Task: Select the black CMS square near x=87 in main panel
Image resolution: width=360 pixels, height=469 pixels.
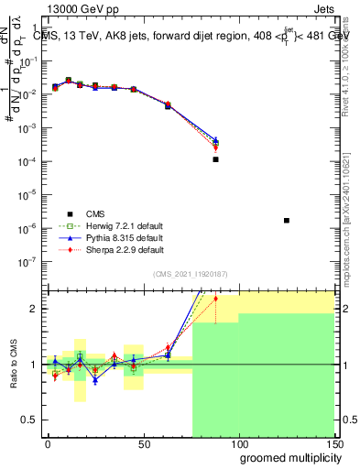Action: click(x=215, y=159)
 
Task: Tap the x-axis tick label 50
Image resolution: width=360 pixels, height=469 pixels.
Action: click(x=143, y=443)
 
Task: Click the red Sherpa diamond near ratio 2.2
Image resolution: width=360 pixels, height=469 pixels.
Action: click(x=215, y=299)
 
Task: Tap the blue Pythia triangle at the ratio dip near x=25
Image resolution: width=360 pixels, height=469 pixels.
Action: click(x=94, y=380)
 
